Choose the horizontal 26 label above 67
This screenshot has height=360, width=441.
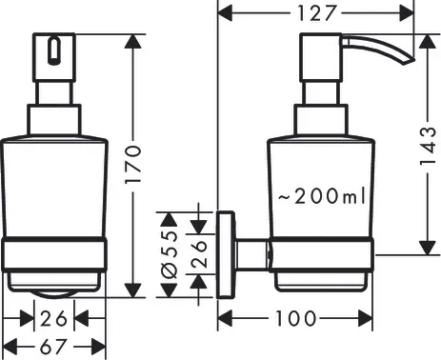click(55, 317)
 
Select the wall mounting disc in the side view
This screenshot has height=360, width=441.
click(226, 254)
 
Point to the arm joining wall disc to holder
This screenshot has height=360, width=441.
click(251, 254)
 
